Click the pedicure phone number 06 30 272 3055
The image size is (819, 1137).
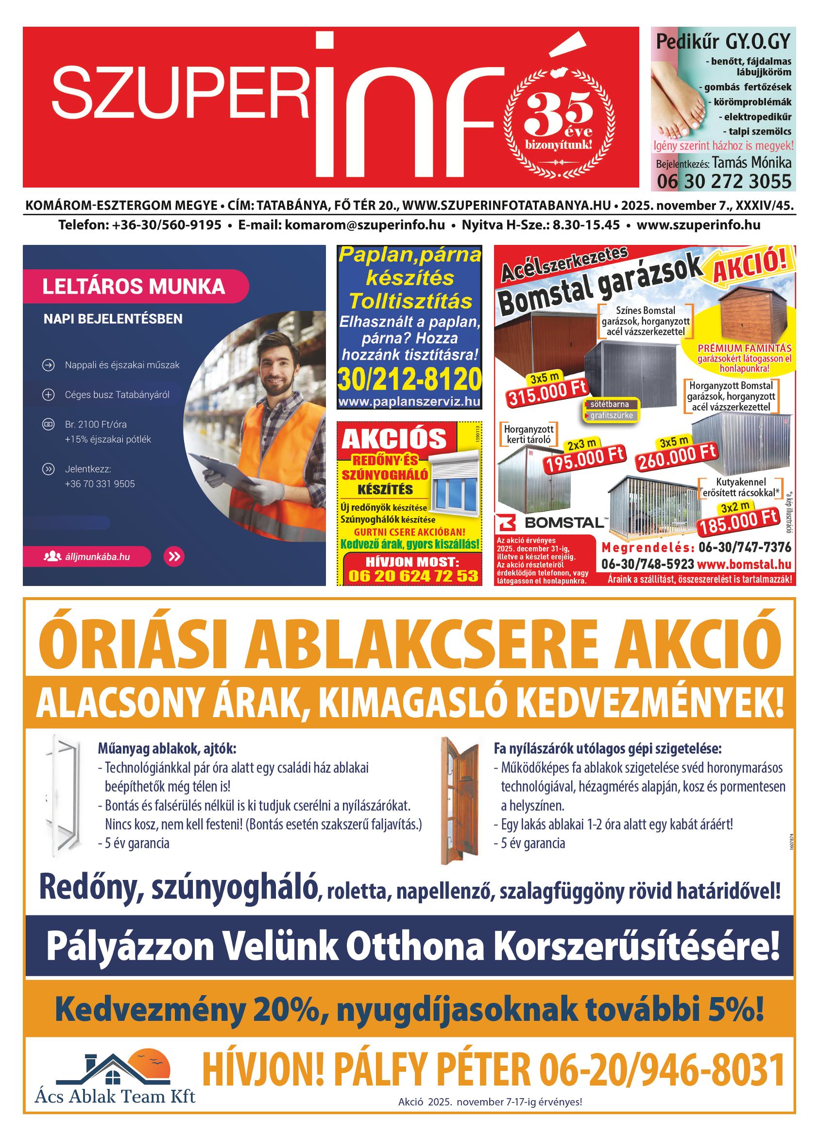click(x=723, y=181)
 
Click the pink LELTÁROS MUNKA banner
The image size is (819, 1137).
click(x=135, y=287)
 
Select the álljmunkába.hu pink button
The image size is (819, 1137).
click(x=87, y=556)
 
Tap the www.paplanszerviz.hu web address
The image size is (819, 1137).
click(x=409, y=401)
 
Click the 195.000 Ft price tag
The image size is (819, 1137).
click(x=585, y=458)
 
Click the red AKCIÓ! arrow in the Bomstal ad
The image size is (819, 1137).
click(x=750, y=269)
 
